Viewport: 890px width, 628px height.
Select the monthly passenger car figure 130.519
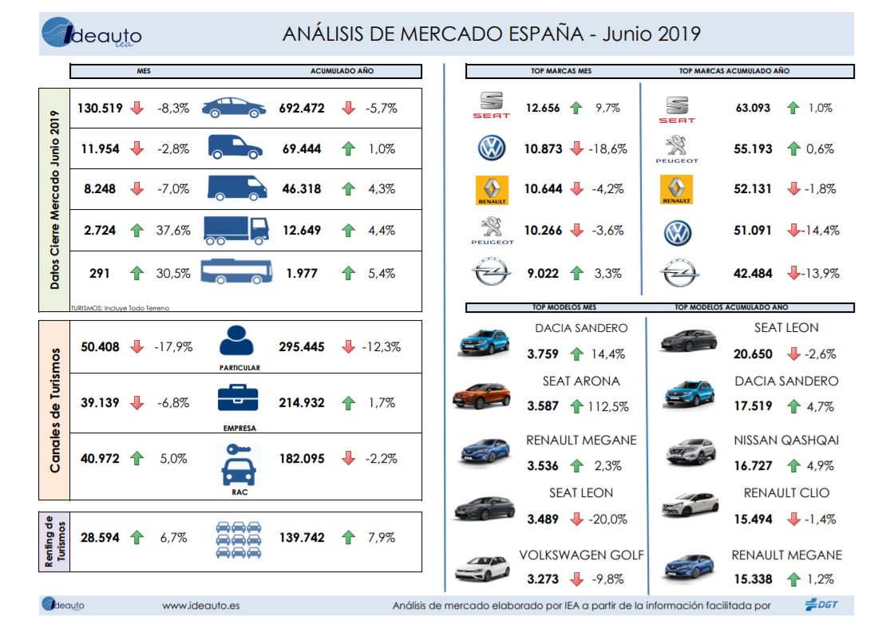[100, 109]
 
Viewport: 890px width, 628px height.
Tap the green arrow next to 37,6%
[137, 231]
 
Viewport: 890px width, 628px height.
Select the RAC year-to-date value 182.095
[301, 459]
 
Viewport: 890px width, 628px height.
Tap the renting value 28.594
[100, 538]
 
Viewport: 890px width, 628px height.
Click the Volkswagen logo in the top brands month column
[492, 148]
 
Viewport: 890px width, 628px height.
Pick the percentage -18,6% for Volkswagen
[609, 149]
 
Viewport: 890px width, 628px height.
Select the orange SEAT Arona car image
[481, 395]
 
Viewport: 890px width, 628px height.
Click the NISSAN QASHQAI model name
[785, 440]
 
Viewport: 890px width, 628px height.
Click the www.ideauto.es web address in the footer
[200, 606]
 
